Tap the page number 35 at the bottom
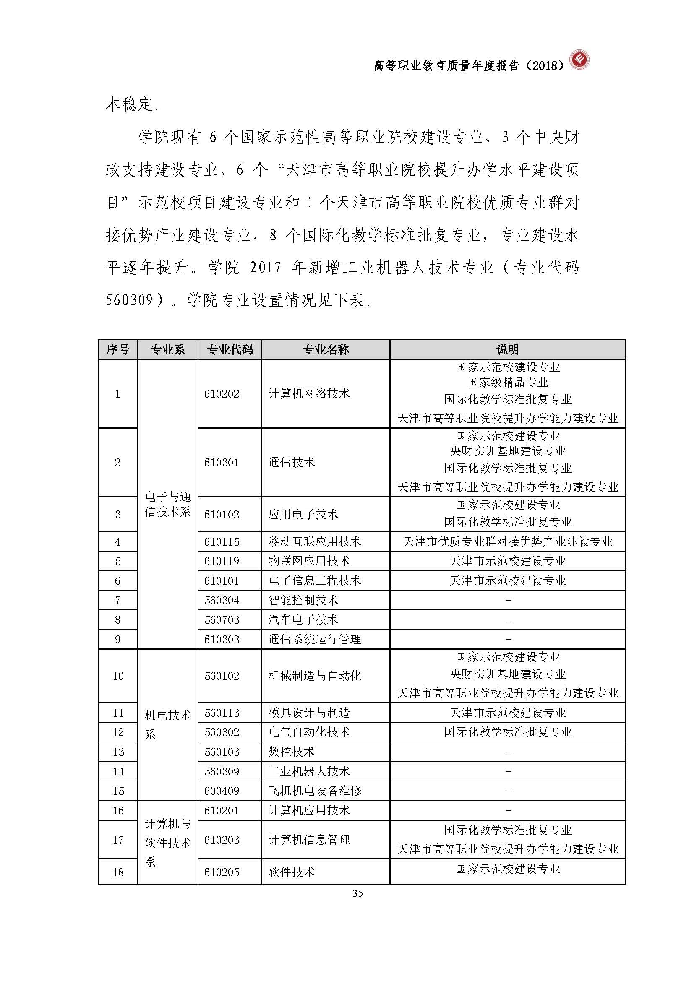357,893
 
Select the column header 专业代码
230,349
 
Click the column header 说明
507,349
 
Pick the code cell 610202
222,393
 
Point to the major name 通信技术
292,462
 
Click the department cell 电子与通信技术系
167,504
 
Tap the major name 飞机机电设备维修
315,791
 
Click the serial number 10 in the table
118,676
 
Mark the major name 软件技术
292,872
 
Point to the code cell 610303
222,640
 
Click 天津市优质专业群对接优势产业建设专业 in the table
507,542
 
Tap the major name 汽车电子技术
303,620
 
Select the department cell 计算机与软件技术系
167,843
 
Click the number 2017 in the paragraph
265,268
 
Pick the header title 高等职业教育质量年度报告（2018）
468,65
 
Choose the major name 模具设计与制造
308,713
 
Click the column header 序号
118,349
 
